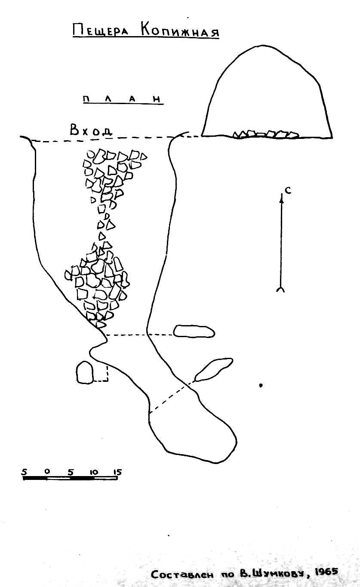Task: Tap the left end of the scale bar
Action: [x=24, y=478]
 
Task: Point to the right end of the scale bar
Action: [x=117, y=478]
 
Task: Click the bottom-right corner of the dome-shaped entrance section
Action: [x=332, y=137]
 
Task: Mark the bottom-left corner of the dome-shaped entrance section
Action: [x=202, y=136]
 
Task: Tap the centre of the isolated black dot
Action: [x=261, y=385]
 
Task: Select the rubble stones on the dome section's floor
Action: [x=266, y=134]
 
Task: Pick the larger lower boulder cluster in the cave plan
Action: [x=98, y=286]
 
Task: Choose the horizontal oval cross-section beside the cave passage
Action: [x=194, y=331]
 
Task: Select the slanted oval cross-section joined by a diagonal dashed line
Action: [x=214, y=369]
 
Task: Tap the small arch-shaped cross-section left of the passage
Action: [x=84, y=372]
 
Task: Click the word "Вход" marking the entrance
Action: [x=91, y=130]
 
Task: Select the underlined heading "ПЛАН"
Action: [x=122, y=99]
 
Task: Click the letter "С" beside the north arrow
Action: [x=288, y=191]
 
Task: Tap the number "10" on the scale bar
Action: [x=93, y=472]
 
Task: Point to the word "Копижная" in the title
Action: [x=180, y=31]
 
